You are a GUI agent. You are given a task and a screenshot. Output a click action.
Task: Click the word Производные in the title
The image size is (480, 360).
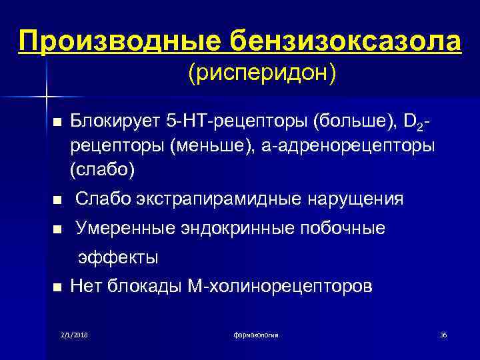tap(120, 42)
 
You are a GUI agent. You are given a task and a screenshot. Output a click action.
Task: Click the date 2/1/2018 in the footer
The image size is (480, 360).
tap(74, 334)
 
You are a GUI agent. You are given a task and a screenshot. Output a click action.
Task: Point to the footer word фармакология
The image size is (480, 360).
tap(256, 334)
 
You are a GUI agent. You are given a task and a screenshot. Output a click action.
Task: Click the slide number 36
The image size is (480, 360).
tap(443, 334)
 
